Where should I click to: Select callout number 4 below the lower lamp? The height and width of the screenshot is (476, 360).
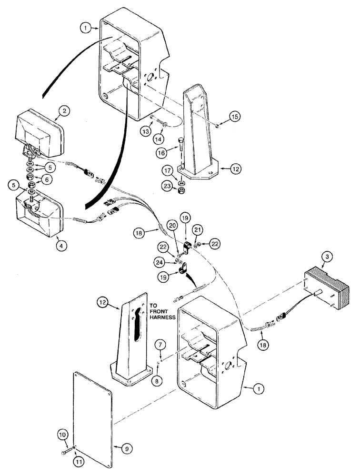60,246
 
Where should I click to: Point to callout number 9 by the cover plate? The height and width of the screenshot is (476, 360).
128,448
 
